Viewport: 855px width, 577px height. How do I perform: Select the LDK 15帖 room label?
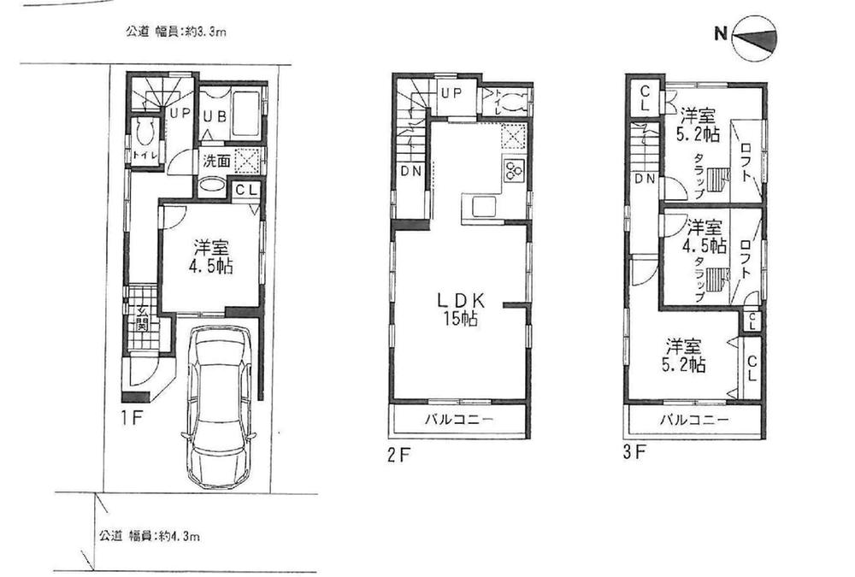462,309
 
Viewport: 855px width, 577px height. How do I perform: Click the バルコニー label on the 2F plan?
457,421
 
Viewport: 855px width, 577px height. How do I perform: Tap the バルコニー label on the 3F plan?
693,421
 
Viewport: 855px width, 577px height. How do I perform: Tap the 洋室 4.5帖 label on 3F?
706,237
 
